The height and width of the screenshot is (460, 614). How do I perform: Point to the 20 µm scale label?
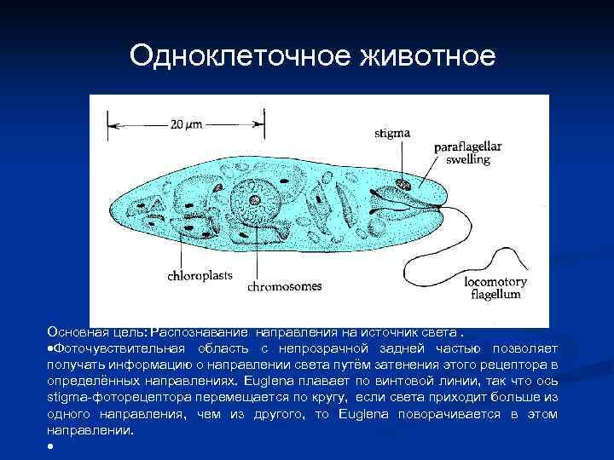pyautogui.click(x=186, y=124)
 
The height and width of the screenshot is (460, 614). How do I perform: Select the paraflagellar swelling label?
pyautogui.click(x=468, y=152)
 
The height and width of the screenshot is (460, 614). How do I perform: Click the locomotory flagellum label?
pyautogui.click(x=495, y=288)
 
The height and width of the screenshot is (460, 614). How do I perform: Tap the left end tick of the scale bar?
pyautogui.click(x=107, y=124)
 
